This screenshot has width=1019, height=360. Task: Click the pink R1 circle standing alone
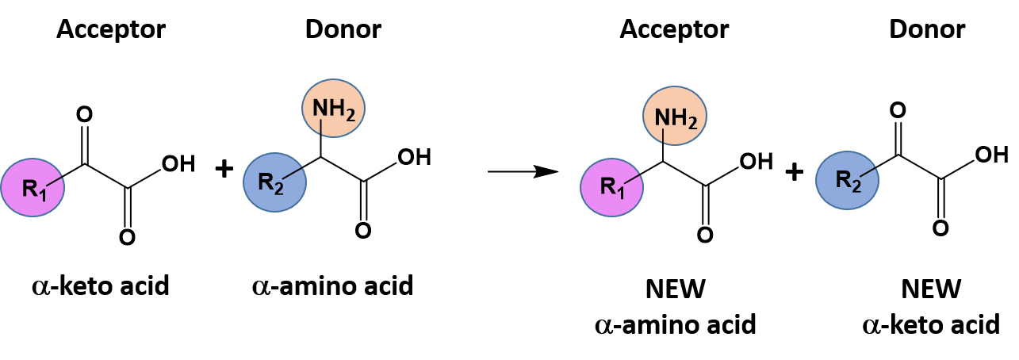pyautogui.click(x=33, y=188)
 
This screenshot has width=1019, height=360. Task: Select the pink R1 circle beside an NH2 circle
pyautogui.click(x=612, y=187)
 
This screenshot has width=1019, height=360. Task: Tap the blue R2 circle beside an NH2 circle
pyautogui.click(x=274, y=183)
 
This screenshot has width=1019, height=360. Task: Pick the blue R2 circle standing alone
pyautogui.click(x=848, y=181)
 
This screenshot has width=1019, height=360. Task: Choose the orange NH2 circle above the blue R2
pyautogui.click(x=334, y=107)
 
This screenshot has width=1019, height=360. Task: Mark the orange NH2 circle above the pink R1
pyautogui.click(x=675, y=117)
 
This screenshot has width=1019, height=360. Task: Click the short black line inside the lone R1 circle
pyautogui.click(x=56, y=182)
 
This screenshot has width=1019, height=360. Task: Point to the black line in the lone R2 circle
pyautogui.click(x=869, y=173)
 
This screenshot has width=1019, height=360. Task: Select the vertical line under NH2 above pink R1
pyautogui.click(x=662, y=137)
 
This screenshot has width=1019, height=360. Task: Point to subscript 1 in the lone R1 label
pyautogui.click(x=44, y=193)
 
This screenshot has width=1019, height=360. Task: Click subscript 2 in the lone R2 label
pyautogui.click(x=858, y=187)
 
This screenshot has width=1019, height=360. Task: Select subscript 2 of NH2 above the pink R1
pyautogui.click(x=694, y=123)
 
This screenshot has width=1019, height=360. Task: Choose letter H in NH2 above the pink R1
pyautogui.click(x=678, y=117)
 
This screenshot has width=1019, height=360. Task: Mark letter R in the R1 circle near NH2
pyautogui.click(x=607, y=187)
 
